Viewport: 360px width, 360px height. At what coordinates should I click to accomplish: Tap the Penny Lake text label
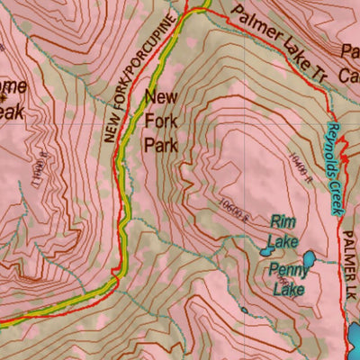pyautogui.click(x=286, y=278)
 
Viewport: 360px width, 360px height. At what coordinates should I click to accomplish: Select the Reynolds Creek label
pyautogui.click(x=334, y=167)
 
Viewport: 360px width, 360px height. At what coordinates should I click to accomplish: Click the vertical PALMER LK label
pyautogui.click(x=350, y=270)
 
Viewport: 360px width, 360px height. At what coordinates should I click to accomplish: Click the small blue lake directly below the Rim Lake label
pyautogui.click(x=268, y=242)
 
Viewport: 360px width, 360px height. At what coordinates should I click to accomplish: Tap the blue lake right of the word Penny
pyautogui.click(x=308, y=261)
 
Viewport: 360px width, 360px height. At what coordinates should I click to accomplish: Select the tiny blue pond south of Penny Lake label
pyautogui.click(x=244, y=311)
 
